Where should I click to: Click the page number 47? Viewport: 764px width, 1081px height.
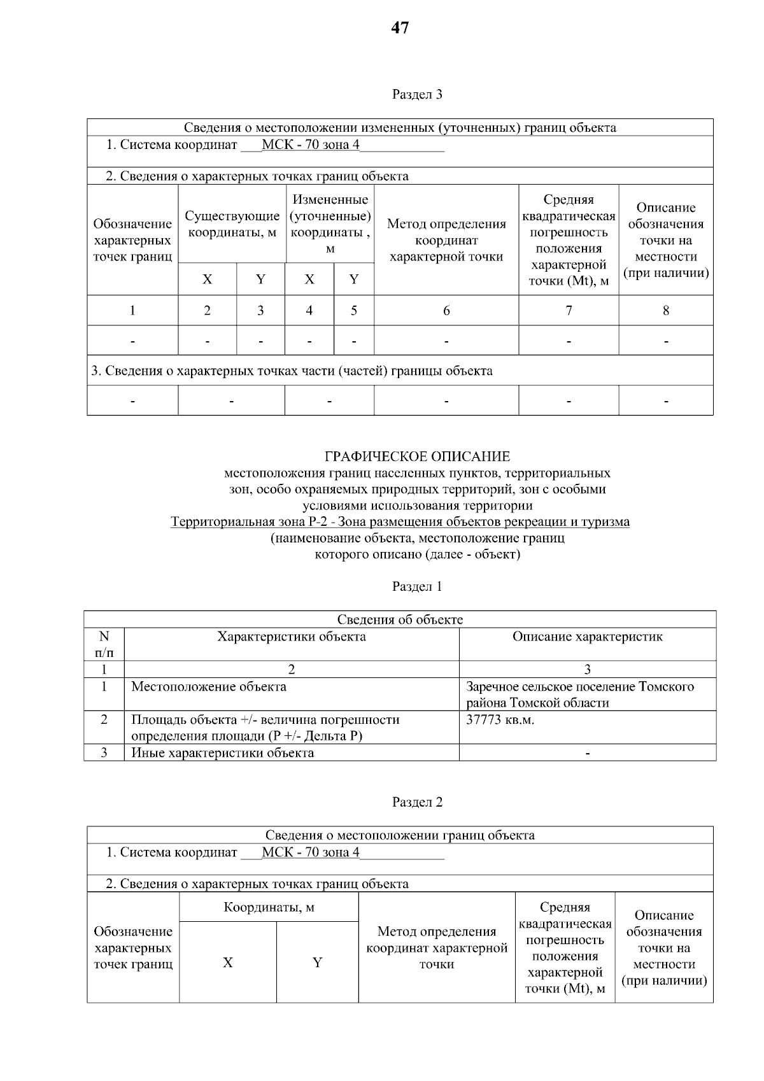pyautogui.click(x=400, y=28)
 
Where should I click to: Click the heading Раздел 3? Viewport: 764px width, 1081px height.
pyautogui.click(x=417, y=95)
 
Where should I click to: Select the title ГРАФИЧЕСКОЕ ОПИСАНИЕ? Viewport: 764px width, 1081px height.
pyautogui.click(x=417, y=456)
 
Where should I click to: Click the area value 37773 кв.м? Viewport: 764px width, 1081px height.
pyautogui.click(x=500, y=720)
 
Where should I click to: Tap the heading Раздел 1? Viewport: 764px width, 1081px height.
pyautogui.click(x=417, y=586)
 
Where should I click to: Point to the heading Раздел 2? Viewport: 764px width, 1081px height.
pyautogui.click(x=417, y=802)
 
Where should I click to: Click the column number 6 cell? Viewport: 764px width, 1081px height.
pyautogui.click(x=446, y=311)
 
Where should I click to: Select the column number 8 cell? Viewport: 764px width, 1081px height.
pyautogui.click(x=665, y=311)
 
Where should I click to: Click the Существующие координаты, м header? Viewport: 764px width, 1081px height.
pyautogui.click(x=232, y=224)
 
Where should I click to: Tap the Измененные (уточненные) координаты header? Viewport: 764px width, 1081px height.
pyautogui.click(x=330, y=224)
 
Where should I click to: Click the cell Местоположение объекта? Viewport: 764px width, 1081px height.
pyautogui.click(x=209, y=687)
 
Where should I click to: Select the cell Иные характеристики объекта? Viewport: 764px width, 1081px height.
pyautogui.click(x=222, y=753)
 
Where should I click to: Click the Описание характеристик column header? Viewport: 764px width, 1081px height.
pyautogui.click(x=587, y=637)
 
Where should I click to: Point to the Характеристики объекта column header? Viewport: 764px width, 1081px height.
pyautogui.click(x=292, y=637)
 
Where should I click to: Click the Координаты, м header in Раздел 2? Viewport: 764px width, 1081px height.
pyautogui.click(x=269, y=907)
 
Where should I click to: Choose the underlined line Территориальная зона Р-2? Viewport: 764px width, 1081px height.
pyautogui.click(x=400, y=522)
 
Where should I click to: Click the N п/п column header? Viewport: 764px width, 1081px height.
pyautogui.click(x=104, y=644)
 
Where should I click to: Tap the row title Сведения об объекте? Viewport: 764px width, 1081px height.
pyautogui.click(x=400, y=619)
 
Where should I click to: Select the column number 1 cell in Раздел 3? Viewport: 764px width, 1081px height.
pyautogui.click(x=132, y=311)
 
